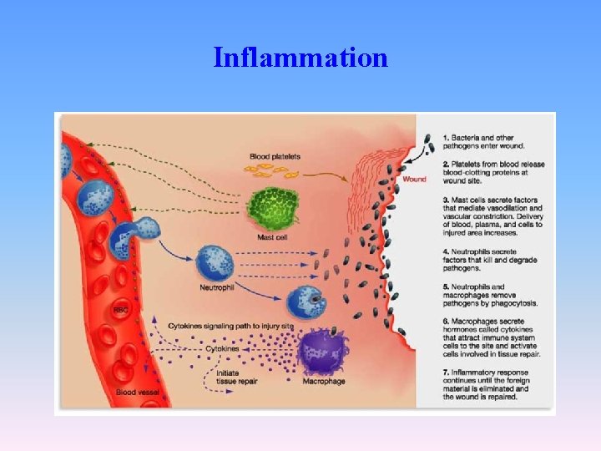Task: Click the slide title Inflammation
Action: [300, 58]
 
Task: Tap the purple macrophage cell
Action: [320, 352]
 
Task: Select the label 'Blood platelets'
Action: [275, 156]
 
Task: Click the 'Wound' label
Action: [414, 179]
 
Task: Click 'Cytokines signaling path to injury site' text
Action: [230, 325]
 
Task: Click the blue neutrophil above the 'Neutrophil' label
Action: [215, 261]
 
